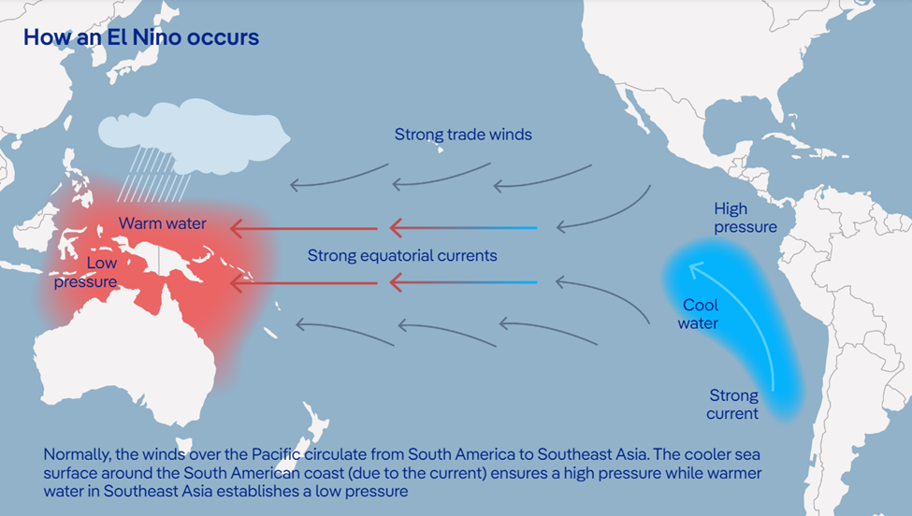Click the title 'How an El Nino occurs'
(x=141, y=37)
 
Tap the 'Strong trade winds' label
(x=463, y=135)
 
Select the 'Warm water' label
(x=162, y=223)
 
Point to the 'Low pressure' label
(x=86, y=272)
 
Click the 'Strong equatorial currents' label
(x=402, y=256)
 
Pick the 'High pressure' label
(x=746, y=217)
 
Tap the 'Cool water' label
(x=699, y=314)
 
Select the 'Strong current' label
(x=732, y=404)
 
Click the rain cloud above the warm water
(x=194, y=135)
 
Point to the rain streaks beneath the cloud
(x=154, y=174)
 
